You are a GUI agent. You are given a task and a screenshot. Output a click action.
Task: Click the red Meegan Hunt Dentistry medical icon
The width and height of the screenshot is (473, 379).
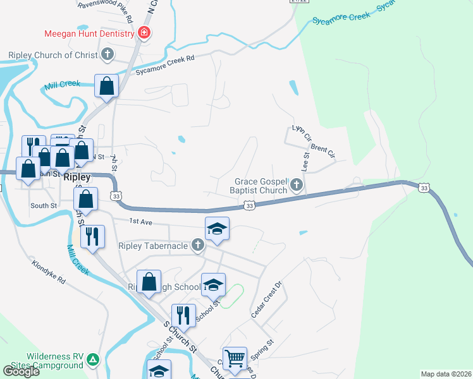pyautogui.click(x=145, y=33)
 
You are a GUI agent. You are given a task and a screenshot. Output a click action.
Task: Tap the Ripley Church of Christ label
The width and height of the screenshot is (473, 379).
pyautogui.click(x=53, y=55)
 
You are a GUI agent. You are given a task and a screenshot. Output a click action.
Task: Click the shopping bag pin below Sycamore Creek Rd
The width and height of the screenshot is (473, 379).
pyautogui.click(x=107, y=85)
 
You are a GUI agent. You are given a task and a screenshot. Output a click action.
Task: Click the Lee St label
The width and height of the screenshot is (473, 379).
pyautogui.click(x=305, y=162)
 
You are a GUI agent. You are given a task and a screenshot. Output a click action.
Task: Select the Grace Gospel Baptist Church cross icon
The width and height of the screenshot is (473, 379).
pyautogui.click(x=297, y=186)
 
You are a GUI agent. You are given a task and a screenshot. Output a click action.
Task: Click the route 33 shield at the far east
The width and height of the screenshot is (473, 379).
pyautogui.click(x=424, y=187)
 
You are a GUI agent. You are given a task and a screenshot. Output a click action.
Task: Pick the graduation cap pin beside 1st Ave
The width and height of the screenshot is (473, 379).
pyautogui.click(x=217, y=229)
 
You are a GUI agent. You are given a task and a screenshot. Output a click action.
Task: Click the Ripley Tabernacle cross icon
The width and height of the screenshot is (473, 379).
pyautogui.click(x=198, y=245)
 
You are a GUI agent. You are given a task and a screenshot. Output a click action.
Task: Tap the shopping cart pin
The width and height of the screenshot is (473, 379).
pyautogui.click(x=235, y=358)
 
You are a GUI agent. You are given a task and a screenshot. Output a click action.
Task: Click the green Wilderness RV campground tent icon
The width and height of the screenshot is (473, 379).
pyautogui.click(x=93, y=360)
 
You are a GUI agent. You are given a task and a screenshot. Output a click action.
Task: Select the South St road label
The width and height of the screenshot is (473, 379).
pyautogui.click(x=44, y=205)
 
